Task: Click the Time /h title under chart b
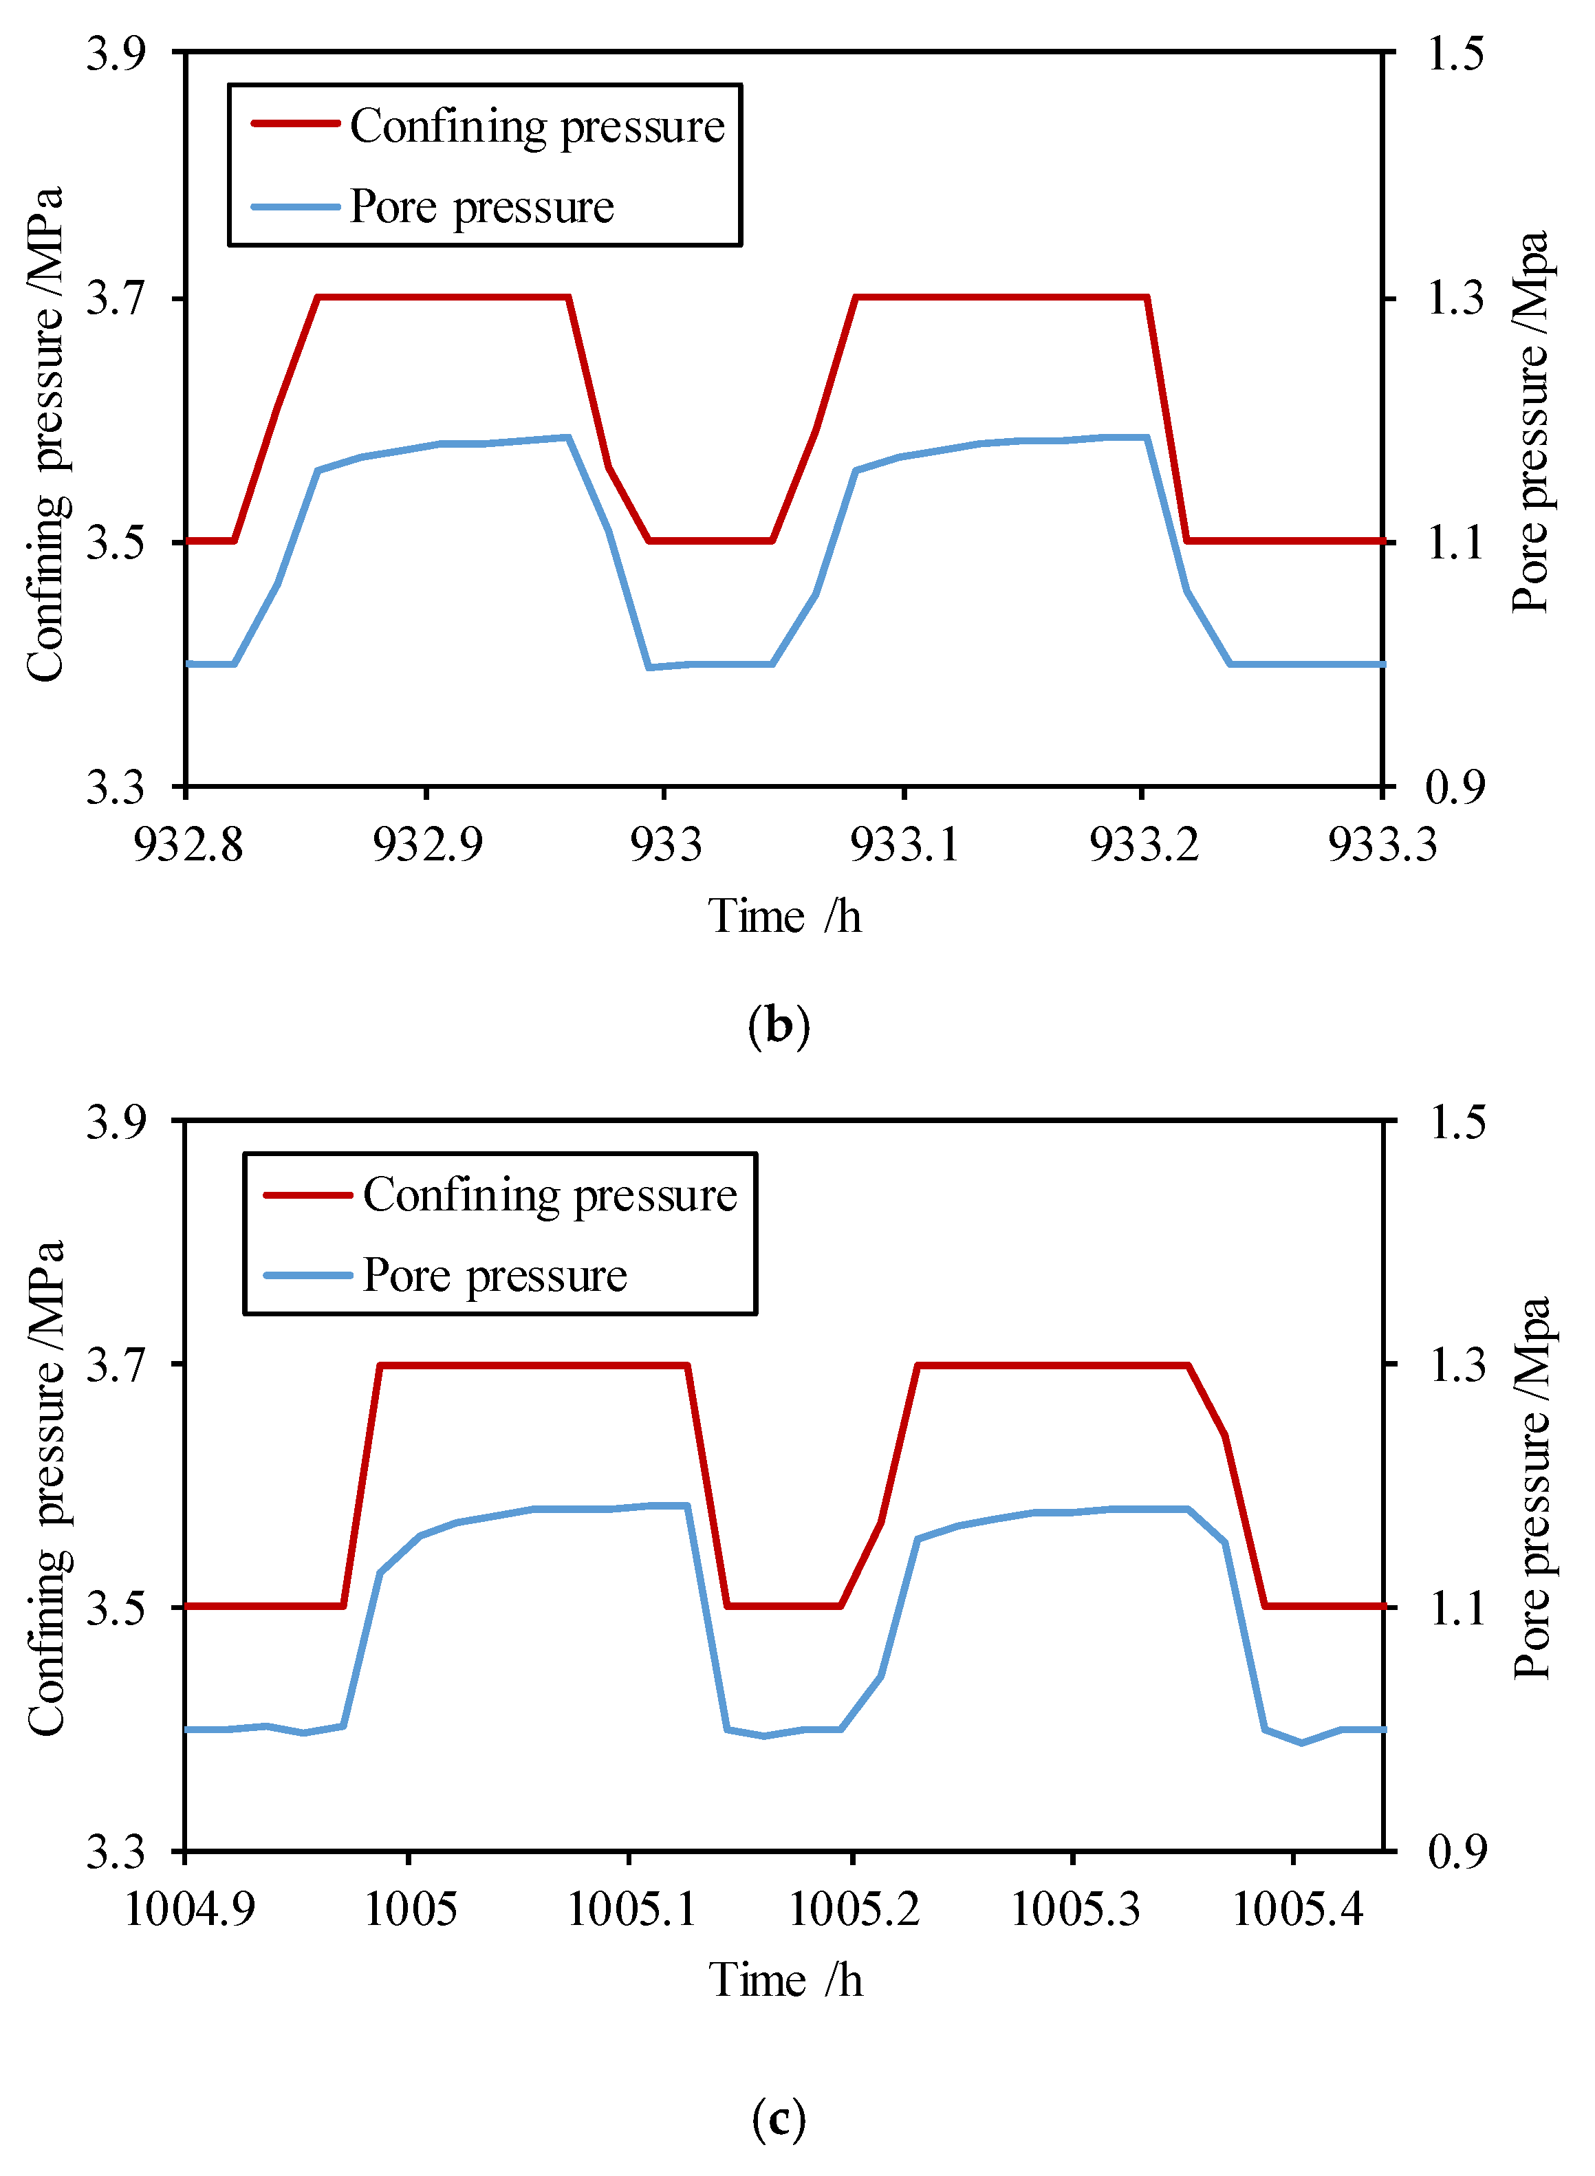784,916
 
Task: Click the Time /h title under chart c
785,1981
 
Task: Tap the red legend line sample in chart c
307,1195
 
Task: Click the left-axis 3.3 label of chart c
115,1851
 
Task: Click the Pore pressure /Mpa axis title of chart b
1530,421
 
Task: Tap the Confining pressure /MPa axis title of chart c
45,1487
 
